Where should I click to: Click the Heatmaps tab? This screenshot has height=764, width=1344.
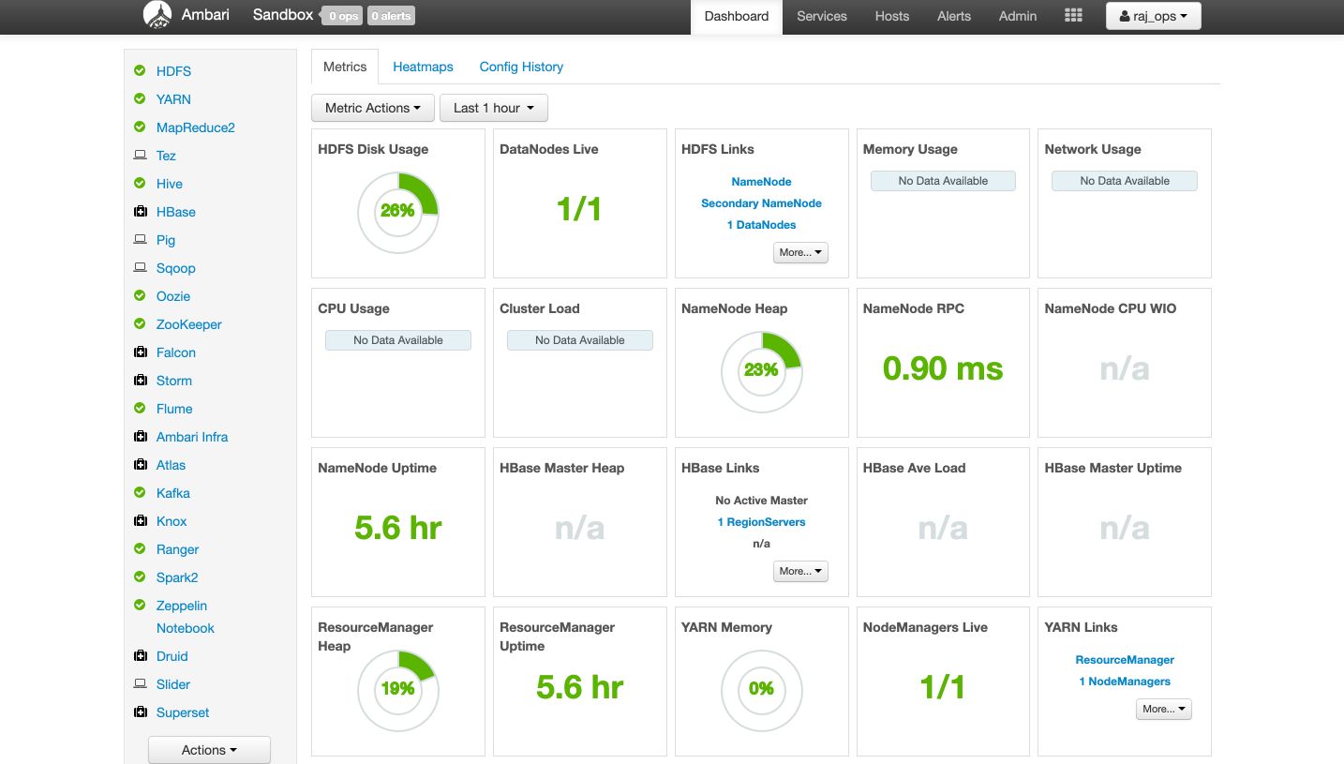(423, 67)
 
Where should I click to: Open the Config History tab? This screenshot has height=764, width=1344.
(521, 67)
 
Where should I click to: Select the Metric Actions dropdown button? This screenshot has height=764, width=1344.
(373, 108)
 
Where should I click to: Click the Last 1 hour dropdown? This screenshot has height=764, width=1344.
(493, 108)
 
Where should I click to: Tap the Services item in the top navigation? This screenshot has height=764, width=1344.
(821, 16)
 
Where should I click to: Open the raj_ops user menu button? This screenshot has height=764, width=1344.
(1153, 16)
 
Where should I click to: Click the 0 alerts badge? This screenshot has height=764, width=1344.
(391, 16)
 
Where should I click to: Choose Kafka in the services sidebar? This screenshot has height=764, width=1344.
(172, 493)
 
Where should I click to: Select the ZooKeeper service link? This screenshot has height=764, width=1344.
(189, 324)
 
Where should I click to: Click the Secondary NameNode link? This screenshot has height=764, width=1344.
(761, 203)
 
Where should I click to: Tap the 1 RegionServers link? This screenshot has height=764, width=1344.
(761, 522)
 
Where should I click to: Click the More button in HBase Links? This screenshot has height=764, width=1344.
(800, 571)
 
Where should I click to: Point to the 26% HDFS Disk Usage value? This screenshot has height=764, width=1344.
(397, 211)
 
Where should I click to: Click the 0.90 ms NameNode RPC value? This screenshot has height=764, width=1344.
(943, 368)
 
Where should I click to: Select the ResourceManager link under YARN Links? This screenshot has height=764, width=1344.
(1125, 660)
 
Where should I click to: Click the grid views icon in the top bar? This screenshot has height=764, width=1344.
(1073, 16)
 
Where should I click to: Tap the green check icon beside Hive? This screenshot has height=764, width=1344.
(140, 183)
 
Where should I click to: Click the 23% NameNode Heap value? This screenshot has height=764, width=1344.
(761, 369)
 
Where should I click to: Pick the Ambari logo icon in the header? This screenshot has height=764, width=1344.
(157, 15)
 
